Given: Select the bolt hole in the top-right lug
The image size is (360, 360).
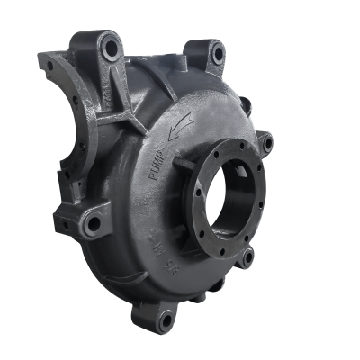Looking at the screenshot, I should (x=217, y=54).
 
